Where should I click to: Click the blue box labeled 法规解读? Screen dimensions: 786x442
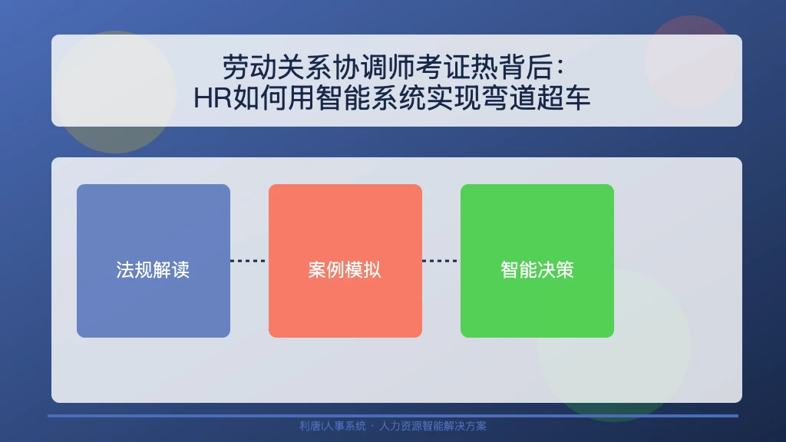(x=154, y=261)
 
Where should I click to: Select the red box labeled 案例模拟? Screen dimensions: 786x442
(x=345, y=261)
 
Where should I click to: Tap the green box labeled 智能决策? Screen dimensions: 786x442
(x=537, y=261)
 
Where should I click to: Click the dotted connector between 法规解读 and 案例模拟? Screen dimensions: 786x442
(x=249, y=261)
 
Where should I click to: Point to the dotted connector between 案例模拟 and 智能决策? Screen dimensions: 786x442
(x=441, y=261)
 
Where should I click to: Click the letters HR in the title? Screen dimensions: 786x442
(x=213, y=97)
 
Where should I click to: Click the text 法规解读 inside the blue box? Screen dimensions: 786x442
(x=153, y=270)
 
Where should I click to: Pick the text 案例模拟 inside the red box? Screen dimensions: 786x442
(x=345, y=270)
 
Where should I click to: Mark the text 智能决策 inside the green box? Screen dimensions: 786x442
(x=537, y=270)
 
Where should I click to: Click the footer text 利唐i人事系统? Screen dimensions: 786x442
(x=333, y=426)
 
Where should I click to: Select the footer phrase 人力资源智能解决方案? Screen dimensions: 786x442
(x=433, y=426)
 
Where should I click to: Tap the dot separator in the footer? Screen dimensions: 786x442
(x=372, y=427)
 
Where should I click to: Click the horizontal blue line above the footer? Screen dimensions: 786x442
(x=393, y=416)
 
